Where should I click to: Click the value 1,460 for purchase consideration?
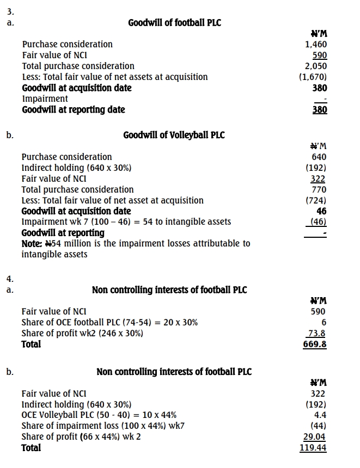pyautogui.click(x=316, y=44)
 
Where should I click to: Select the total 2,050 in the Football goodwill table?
pyautogui.click(x=316, y=66)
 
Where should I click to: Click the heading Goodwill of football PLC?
pyautogui.click(x=175, y=22)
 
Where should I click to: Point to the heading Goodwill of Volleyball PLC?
pyautogui.click(x=174, y=135)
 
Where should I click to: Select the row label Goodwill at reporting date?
pyautogui.click(x=74, y=109)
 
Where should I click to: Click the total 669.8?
pyautogui.click(x=315, y=344)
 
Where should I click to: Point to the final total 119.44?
pyautogui.click(x=313, y=448)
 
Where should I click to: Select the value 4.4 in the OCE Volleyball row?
pyautogui.click(x=320, y=415)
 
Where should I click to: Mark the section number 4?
pyautogui.click(x=9, y=279)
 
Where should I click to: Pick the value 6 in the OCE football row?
pyautogui.click(x=324, y=322)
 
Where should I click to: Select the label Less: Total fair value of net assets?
pyautogui.click(x=115, y=77)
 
